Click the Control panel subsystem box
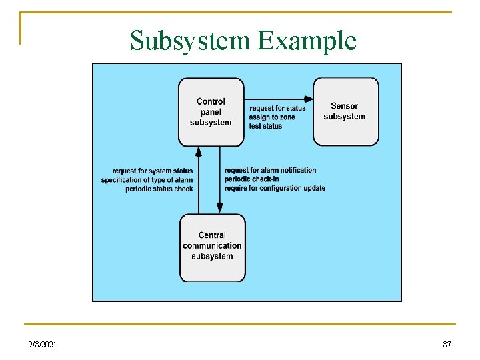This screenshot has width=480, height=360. click(x=211, y=112)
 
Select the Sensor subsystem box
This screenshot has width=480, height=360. click(x=345, y=111)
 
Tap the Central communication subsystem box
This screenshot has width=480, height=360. click(x=212, y=247)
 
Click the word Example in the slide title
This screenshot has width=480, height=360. click(x=307, y=41)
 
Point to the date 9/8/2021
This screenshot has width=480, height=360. click(x=43, y=344)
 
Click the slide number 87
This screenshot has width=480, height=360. click(x=447, y=344)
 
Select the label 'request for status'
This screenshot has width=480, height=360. click(x=277, y=108)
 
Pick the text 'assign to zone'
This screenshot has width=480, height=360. click(x=272, y=117)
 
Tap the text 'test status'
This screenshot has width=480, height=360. click(x=265, y=126)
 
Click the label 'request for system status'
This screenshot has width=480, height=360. click(x=153, y=171)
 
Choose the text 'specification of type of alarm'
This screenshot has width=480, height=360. click(x=147, y=180)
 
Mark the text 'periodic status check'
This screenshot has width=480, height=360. click(x=159, y=189)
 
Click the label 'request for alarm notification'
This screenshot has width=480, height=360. click(x=271, y=170)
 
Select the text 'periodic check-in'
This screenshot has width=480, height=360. click(x=252, y=179)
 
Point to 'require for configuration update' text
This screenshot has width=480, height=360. click(x=275, y=188)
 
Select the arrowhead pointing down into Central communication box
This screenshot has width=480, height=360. click(x=220, y=207)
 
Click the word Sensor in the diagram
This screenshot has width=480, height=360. click(x=345, y=106)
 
